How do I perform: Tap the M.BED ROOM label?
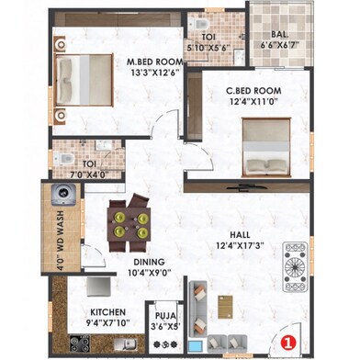coord(155,62)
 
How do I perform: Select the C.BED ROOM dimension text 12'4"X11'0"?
coord(253,102)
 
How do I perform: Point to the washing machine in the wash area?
coord(63,195)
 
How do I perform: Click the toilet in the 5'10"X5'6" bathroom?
coord(199,23)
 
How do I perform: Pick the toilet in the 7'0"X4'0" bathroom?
coord(64,159)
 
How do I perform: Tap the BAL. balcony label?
coord(279,34)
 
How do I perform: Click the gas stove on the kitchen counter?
coord(80,343)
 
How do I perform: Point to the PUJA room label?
coord(165,316)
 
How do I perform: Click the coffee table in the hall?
coord(225,307)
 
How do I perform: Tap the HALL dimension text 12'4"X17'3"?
coord(240,245)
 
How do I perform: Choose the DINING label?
coord(149,262)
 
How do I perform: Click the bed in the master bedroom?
coord(84,80)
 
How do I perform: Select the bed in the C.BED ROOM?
coord(266,147)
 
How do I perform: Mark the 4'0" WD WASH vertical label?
coord(61,240)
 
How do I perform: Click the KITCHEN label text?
coord(107,312)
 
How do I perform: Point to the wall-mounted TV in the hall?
coord(245,186)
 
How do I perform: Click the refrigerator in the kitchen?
coord(98,287)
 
